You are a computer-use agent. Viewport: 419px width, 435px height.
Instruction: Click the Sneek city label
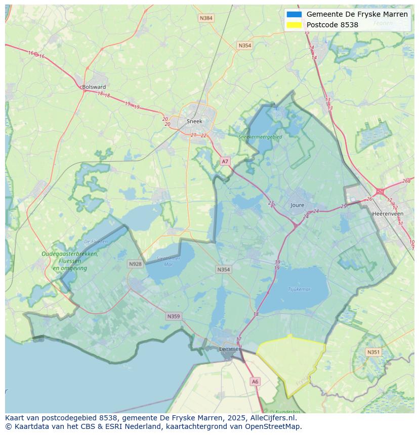point(194,121)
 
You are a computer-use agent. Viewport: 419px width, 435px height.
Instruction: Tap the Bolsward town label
point(94,87)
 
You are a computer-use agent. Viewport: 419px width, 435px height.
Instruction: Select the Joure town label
point(298,205)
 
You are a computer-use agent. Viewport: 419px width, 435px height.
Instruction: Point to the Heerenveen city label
point(388,214)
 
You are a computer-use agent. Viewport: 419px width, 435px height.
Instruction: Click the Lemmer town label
point(229,349)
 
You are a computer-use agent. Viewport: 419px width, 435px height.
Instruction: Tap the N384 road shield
point(206,18)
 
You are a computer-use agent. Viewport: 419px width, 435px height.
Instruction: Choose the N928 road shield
point(135,264)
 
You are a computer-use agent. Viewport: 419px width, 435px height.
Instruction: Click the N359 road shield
point(173,316)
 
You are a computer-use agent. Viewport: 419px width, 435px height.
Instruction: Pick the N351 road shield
point(373,352)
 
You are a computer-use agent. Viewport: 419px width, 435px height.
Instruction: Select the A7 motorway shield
point(225,162)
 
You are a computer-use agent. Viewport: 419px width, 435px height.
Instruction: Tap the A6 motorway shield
point(255,382)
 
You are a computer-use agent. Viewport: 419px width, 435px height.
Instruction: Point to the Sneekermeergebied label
point(260,136)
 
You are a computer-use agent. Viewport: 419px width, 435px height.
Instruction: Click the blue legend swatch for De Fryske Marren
point(294,15)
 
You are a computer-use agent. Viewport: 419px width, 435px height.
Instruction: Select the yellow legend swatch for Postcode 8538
point(294,25)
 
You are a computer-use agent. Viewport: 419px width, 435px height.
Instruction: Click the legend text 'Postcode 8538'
point(332,25)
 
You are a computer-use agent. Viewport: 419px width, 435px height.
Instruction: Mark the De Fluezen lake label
point(96,241)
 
